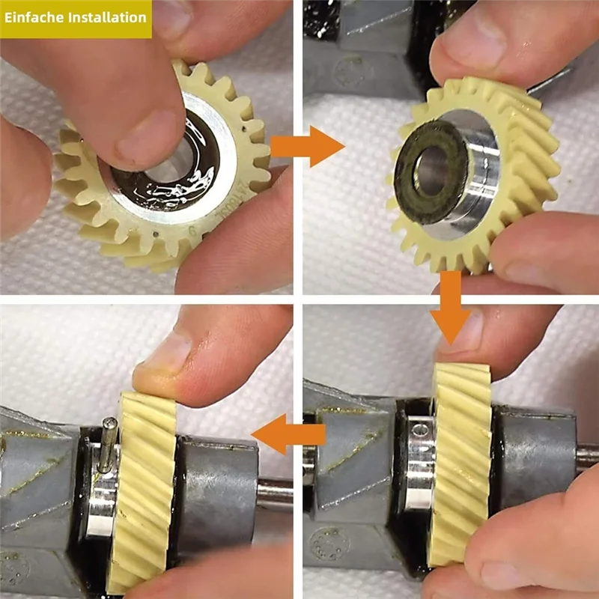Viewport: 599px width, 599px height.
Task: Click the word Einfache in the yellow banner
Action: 34,16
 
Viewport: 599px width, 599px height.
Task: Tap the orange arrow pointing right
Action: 306,147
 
